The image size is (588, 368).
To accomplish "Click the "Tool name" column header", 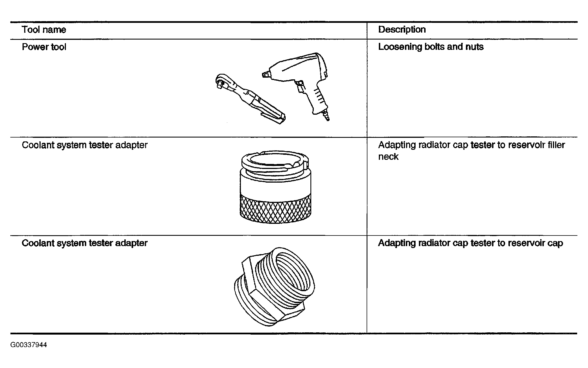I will point(44,30).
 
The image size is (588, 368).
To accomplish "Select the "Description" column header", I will point(402,30).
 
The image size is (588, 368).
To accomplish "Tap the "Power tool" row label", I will point(44,47).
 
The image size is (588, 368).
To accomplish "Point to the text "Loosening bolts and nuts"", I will point(431,47).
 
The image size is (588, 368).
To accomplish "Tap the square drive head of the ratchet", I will point(220,83).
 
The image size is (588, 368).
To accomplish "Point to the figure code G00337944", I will point(29,345).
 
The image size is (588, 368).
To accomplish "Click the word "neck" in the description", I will point(388,157).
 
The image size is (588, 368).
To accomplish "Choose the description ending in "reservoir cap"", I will point(470,243).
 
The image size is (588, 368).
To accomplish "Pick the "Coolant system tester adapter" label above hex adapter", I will point(85,243).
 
